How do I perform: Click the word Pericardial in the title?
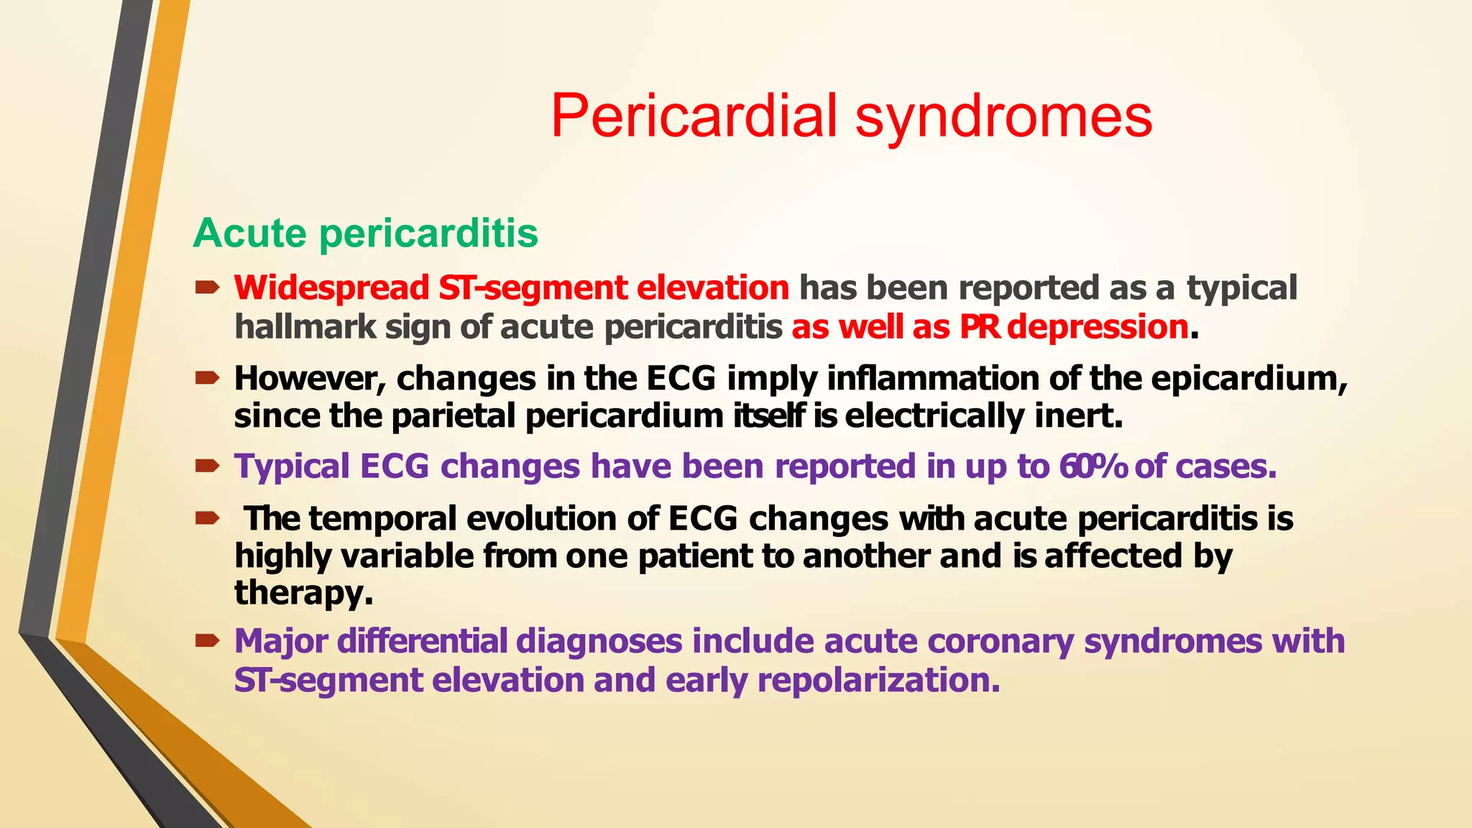(694, 116)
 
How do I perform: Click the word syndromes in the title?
(1003, 116)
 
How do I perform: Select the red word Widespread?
(331, 287)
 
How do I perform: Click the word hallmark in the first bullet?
(305, 327)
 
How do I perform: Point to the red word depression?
(1097, 327)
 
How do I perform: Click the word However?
(310, 379)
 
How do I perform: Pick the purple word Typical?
(291, 466)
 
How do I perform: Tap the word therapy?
(303, 593)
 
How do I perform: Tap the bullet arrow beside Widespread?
(207, 287)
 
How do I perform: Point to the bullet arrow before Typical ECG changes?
(207, 466)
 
